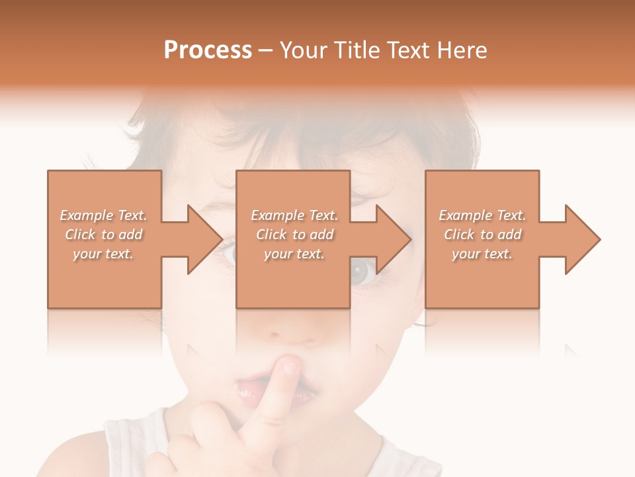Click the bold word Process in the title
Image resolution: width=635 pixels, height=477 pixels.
pyautogui.click(x=208, y=50)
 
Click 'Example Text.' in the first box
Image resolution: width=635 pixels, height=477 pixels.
pyautogui.click(x=103, y=215)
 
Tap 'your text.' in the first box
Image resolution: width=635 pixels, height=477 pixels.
pyautogui.click(x=103, y=254)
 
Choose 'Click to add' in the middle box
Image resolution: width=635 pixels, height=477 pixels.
pyautogui.click(x=294, y=235)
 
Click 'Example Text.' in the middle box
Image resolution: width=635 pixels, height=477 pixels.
pyautogui.click(x=294, y=215)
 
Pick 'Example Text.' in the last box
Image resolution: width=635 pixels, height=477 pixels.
pyautogui.click(x=482, y=215)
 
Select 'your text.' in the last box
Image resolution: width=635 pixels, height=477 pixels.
pyautogui.click(x=482, y=254)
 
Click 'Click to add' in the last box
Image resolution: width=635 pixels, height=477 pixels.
pyautogui.click(x=482, y=235)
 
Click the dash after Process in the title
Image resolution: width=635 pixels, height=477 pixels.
pyautogui.click(x=265, y=50)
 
